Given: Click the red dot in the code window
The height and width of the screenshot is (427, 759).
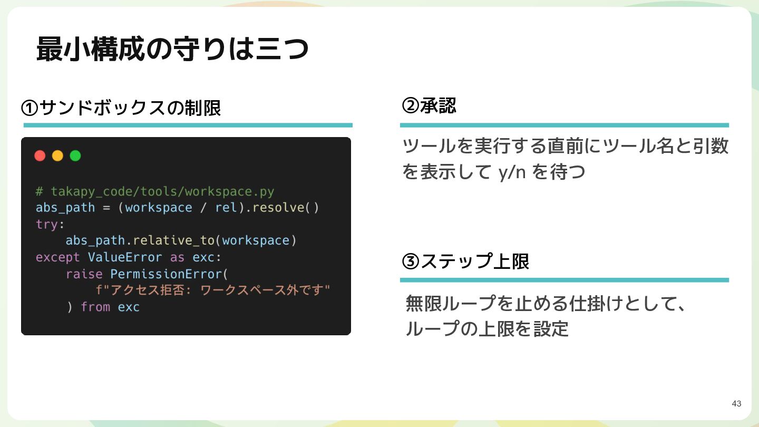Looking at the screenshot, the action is coord(40,156).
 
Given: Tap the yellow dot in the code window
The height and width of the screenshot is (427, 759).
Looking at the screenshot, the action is coord(57,156).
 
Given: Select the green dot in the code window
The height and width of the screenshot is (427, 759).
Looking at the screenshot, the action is coord(75,156).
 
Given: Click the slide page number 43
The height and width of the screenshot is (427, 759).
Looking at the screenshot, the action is coord(736,404).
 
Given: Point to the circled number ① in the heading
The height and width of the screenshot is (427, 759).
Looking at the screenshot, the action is coord(30,108).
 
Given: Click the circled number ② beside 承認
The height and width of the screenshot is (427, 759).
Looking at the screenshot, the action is coord(410,106).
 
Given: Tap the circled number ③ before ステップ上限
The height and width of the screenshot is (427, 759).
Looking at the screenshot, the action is coord(410,261).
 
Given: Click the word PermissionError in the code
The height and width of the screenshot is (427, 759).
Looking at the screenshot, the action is coord(166,274).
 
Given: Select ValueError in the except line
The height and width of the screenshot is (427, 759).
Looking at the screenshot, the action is coord(125,257).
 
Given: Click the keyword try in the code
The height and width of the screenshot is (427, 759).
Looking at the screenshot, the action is coord(47,225).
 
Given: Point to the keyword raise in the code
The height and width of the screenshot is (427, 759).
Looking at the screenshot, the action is coord(84,274).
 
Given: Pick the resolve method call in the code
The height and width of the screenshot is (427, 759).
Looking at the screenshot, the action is coord(278,207).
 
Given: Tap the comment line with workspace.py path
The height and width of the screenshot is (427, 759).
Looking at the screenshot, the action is coord(155,191).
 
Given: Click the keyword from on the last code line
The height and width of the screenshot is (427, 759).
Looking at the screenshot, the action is coord(95,307).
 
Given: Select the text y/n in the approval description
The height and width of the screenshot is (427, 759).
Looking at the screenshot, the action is coord(512,172).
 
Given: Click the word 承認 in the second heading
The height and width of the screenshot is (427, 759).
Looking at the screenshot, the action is coord(438,106).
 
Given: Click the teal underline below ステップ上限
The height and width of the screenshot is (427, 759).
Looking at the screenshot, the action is coord(564,280).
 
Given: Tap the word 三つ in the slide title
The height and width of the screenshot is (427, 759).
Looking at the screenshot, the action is coord(282,49).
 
